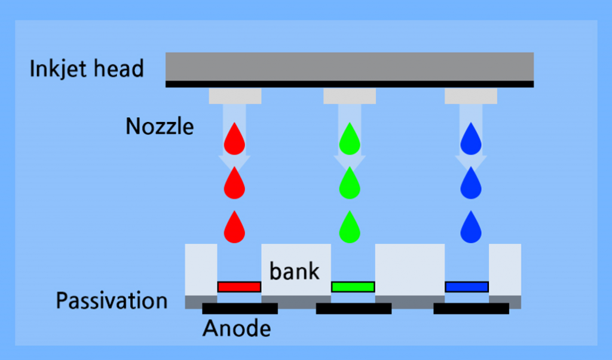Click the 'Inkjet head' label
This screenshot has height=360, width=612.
(x=87, y=69)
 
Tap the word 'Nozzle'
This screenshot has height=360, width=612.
(x=160, y=126)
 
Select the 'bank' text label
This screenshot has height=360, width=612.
(x=295, y=271)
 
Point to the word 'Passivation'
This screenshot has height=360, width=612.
(x=112, y=300)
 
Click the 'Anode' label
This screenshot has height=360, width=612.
(x=236, y=328)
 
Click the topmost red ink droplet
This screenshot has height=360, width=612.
(x=234, y=138)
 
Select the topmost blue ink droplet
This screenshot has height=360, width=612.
(x=471, y=138)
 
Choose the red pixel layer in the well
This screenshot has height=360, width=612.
(x=239, y=286)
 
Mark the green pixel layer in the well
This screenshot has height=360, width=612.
(x=353, y=286)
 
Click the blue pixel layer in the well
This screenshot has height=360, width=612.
(x=467, y=286)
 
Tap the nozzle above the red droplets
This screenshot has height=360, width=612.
(x=235, y=96)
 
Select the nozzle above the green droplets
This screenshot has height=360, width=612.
(x=350, y=96)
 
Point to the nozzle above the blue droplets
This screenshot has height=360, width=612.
(x=471, y=96)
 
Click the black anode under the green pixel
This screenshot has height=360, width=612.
(x=353, y=309)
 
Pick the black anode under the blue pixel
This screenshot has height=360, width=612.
(x=471, y=309)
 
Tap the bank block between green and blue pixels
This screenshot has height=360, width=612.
(x=410, y=269)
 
